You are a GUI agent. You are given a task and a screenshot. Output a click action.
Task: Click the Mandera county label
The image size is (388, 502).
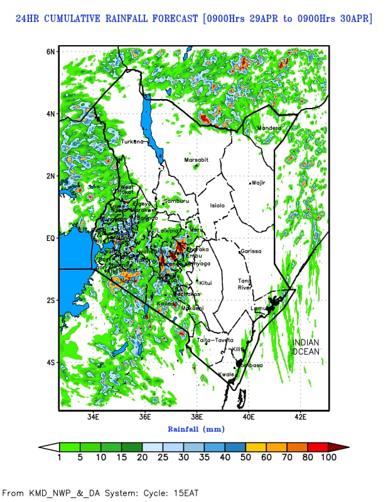(x=269, y=128)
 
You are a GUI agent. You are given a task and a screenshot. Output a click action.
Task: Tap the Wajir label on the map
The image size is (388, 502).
(x=259, y=183)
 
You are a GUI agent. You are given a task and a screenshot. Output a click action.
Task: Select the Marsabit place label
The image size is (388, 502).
(x=195, y=160)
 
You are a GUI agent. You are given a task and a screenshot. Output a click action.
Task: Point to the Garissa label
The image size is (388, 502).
(x=251, y=251)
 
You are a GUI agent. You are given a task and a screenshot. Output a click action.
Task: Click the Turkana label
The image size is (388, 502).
(x=132, y=142)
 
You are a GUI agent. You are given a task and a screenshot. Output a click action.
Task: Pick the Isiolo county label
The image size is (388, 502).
(x=217, y=205)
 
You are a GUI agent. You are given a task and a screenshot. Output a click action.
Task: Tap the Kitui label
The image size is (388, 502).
(x=205, y=283)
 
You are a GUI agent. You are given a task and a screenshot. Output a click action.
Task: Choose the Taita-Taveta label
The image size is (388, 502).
(x=215, y=340)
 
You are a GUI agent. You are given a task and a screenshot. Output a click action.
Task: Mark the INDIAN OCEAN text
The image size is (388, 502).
(x=306, y=347)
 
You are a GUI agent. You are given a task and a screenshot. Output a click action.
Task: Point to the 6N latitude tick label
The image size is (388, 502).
(x=50, y=51)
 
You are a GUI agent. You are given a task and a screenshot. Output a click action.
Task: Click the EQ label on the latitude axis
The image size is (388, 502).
(x=50, y=238)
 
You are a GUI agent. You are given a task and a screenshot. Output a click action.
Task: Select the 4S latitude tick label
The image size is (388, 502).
(x=50, y=363)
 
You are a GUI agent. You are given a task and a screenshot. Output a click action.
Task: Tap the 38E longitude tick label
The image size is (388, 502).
(x=197, y=416)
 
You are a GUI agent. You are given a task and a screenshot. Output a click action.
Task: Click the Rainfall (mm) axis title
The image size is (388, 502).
(x=196, y=429)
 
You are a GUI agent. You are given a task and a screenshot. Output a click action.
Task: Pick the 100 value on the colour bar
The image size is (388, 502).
(x=328, y=457)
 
